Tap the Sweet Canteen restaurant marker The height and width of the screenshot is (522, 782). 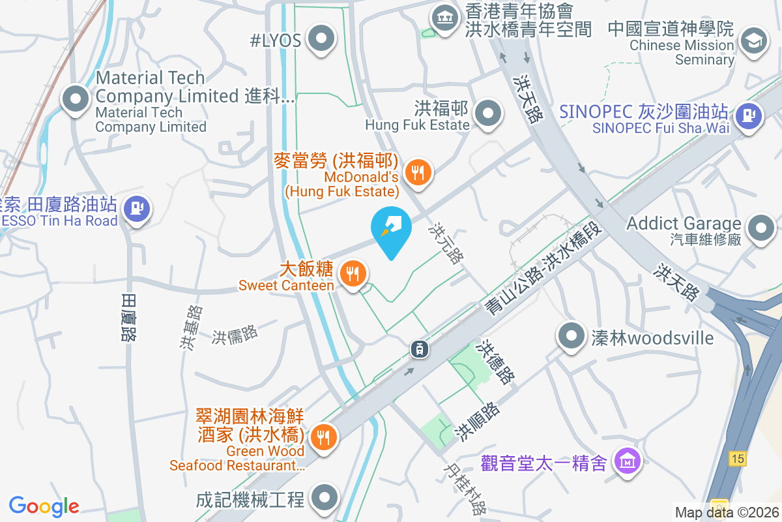354,273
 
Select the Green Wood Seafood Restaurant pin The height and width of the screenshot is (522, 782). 324,437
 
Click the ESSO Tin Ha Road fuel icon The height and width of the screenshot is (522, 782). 137,209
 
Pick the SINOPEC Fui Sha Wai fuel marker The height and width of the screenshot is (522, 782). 749,117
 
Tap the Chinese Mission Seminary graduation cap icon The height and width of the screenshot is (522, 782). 754,38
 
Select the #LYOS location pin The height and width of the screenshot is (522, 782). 320,38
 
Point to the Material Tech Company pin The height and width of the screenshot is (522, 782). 76,100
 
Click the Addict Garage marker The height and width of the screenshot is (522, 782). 760,228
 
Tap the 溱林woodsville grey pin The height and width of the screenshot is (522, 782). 572,336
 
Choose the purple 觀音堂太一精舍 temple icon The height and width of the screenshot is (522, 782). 628,461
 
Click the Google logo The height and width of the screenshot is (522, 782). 44,506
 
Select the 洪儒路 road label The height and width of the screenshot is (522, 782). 235,335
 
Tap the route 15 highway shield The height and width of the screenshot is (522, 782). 737,459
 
